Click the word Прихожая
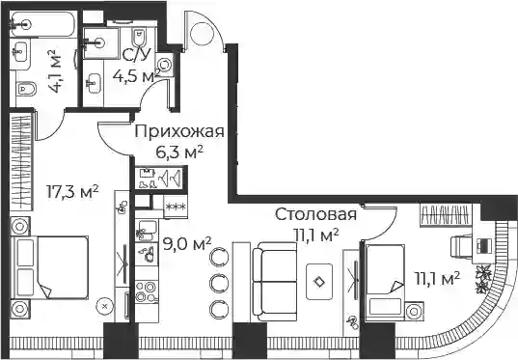(x=179, y=131)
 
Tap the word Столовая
(x=315, y=214)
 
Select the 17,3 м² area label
(x=72, y=192)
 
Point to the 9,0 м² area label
(x=187, y=245)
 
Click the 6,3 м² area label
(x=179, y=152)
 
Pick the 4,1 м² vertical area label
(x=55, y=71)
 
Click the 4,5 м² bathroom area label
(x=137, y=76)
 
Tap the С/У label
(x=137, y=55)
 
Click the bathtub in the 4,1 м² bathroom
(x=42, y=24)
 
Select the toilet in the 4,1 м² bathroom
(x=25, y=89)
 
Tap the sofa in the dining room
(x=275, y=281)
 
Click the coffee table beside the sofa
(x=319, y=282)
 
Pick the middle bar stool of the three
(x=219, y=282)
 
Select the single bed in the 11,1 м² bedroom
(x=386, y=283)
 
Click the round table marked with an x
(x=105, y=307)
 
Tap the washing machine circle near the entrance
(x=164, y=64)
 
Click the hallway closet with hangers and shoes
(x=159, y=178)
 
